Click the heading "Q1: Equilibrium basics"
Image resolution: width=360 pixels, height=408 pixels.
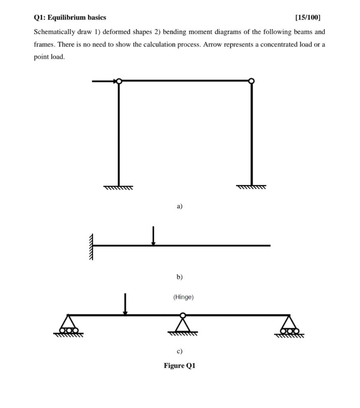point(70,18)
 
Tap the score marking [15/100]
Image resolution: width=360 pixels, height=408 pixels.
point(307,18)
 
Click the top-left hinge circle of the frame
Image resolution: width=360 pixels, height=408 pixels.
point(119,81)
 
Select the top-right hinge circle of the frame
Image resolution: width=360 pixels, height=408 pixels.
point(251,81)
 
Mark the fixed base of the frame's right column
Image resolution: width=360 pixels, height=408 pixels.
point(251,186)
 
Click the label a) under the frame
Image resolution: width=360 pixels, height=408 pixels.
point(180,206)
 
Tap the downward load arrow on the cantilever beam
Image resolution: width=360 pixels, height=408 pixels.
point(153,235)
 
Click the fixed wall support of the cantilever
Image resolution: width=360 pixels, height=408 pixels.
point(91,246)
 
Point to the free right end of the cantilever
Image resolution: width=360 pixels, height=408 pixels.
point(270,246)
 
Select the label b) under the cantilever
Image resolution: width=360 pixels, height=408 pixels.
point(180,277)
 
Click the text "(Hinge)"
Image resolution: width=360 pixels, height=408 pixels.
point(184,297)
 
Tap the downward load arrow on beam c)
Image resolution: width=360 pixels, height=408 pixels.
point(125,304)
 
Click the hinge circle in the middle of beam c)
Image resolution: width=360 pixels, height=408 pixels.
point(183,316)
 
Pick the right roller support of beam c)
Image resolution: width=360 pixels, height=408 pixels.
point(290,326)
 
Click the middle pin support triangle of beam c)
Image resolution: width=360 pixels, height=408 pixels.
point(183,326)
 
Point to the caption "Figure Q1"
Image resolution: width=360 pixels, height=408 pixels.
point(180,366)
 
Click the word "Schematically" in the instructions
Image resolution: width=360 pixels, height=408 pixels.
point(54,32)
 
